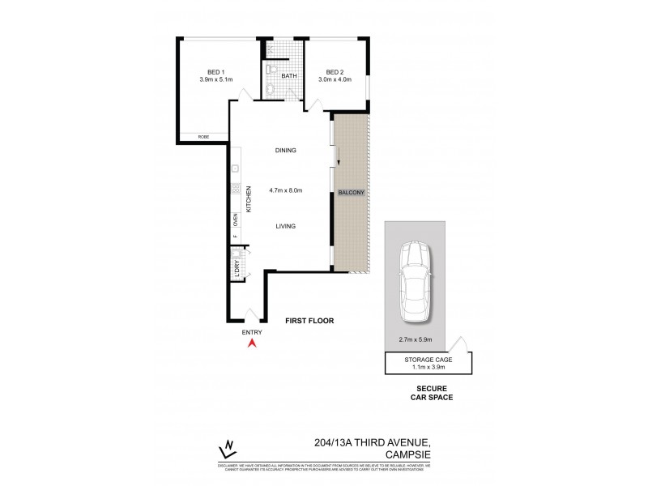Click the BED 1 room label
215,71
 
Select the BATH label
289,76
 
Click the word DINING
285,150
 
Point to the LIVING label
284,227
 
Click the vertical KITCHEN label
249,198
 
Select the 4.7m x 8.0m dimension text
285,191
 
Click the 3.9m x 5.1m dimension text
215,79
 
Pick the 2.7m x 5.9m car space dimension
415,339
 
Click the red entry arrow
252,343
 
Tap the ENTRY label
252,332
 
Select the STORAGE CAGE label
428,359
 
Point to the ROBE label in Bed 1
203,138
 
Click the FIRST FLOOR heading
309,321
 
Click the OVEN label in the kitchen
236,218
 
